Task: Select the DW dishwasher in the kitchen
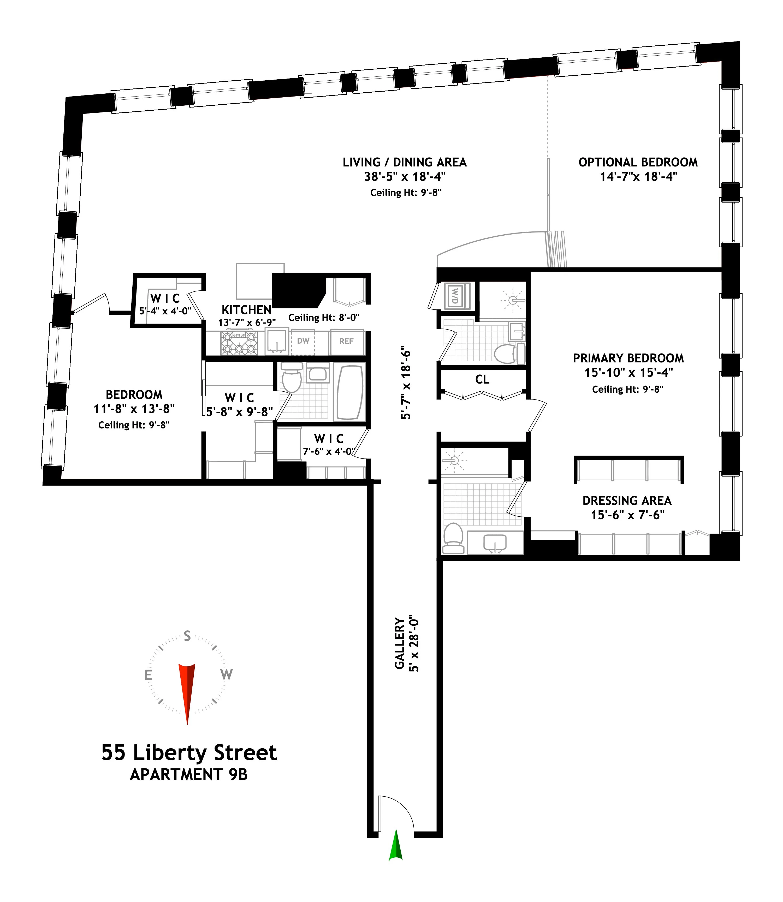[x=303, y=341]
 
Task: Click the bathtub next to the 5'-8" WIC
[x=350, y=392]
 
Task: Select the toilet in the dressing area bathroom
[x=453, y=538]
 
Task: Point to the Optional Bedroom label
[x=638, y=163]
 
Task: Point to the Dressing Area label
[x=627, y=501]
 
